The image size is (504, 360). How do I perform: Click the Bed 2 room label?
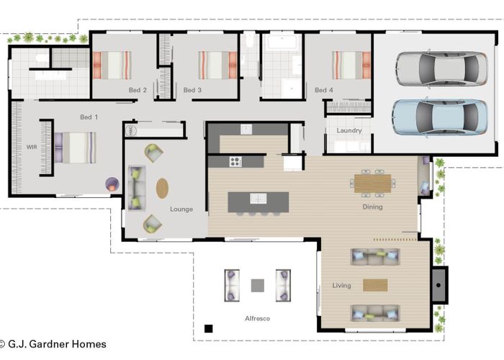click(138, 90)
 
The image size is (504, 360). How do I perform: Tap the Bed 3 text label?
click(192, 90)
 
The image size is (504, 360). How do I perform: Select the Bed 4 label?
click(324, 90)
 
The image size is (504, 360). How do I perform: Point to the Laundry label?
click(349, 130)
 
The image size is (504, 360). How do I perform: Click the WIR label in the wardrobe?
click(32, 147)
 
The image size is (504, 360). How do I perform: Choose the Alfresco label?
click(257, 318)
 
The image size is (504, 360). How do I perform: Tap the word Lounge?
click(181, 210)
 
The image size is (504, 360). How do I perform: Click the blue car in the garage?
click(440, 117)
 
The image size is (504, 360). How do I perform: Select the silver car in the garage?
click(442, 69)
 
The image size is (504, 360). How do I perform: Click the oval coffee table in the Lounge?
click(162, 189)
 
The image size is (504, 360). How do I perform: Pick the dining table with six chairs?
click(372, 183)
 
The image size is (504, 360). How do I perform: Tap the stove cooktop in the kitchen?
click(235, 162)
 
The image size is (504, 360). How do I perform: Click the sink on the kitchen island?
click(258, 199)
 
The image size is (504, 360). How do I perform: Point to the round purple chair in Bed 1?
click(112, 184)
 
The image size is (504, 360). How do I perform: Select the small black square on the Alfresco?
click(209, 328)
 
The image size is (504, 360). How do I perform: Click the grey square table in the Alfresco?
click(258, 285)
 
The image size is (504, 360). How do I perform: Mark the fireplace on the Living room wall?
click(439, 285)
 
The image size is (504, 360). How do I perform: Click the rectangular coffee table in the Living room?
click(375, 285)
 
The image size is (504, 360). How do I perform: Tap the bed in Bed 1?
click(75, 148)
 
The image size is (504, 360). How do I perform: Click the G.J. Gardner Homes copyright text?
click(53, 344)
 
